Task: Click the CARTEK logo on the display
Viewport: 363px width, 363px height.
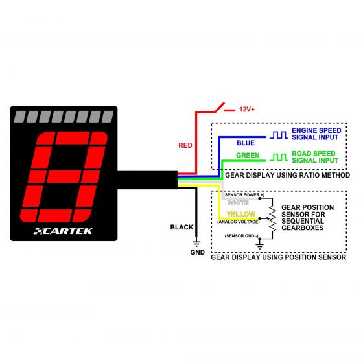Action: [63, 231]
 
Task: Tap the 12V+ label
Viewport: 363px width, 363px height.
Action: [247, 110]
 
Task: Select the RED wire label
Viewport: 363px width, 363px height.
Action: [185, 145]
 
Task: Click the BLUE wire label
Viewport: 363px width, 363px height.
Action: [246, 143]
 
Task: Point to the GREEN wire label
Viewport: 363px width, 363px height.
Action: [248, 156]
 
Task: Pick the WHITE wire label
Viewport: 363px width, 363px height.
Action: [238, 203]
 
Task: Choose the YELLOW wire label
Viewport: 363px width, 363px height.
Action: [241, 214]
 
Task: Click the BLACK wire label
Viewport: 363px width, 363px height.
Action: [181, 227]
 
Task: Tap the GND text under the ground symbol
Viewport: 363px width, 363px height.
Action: [198, 252]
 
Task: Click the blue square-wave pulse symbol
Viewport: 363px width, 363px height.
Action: [279, 135]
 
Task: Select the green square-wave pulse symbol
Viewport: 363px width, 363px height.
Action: [279, 158]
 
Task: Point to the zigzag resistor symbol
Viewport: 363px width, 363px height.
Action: [273, 218]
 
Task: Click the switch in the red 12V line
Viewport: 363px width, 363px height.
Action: [220, 107]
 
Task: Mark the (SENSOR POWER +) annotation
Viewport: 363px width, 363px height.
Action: [244, 195]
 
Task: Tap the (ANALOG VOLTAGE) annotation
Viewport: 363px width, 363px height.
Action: [239, 222]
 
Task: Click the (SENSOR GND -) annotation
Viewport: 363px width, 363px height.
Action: [242, 236]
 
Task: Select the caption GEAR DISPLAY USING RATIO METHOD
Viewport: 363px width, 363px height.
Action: [288, 175]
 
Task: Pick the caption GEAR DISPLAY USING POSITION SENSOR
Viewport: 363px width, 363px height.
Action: [279, 257]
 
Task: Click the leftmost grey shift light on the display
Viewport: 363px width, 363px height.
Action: [20, 117]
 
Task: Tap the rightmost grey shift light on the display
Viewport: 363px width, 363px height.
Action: [108, 117]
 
